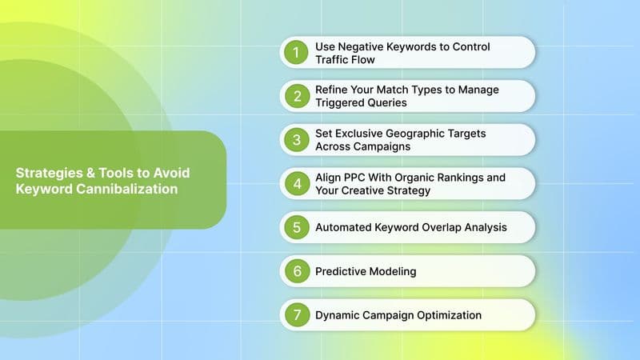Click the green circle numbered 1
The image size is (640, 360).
pyautogui.click(x=296, y=53)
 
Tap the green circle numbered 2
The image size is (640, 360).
pyautogui.click(x=296, y=96)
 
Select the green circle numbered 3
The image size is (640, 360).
pyautogui.click(x=296, y=140)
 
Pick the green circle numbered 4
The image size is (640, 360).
pyautogui.click(x=296, y=183)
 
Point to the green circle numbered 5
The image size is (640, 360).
pyautogui.click(x=296, y=227)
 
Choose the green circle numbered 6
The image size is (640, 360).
pyautogui.click(x=296, y=271)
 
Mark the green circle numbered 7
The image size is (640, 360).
pyautogui.click(x=296, y=314)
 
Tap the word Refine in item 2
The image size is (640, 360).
pyautogui.click(x=332, y=90)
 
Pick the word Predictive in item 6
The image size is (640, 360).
pyautogui.click(x=340, y=271)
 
